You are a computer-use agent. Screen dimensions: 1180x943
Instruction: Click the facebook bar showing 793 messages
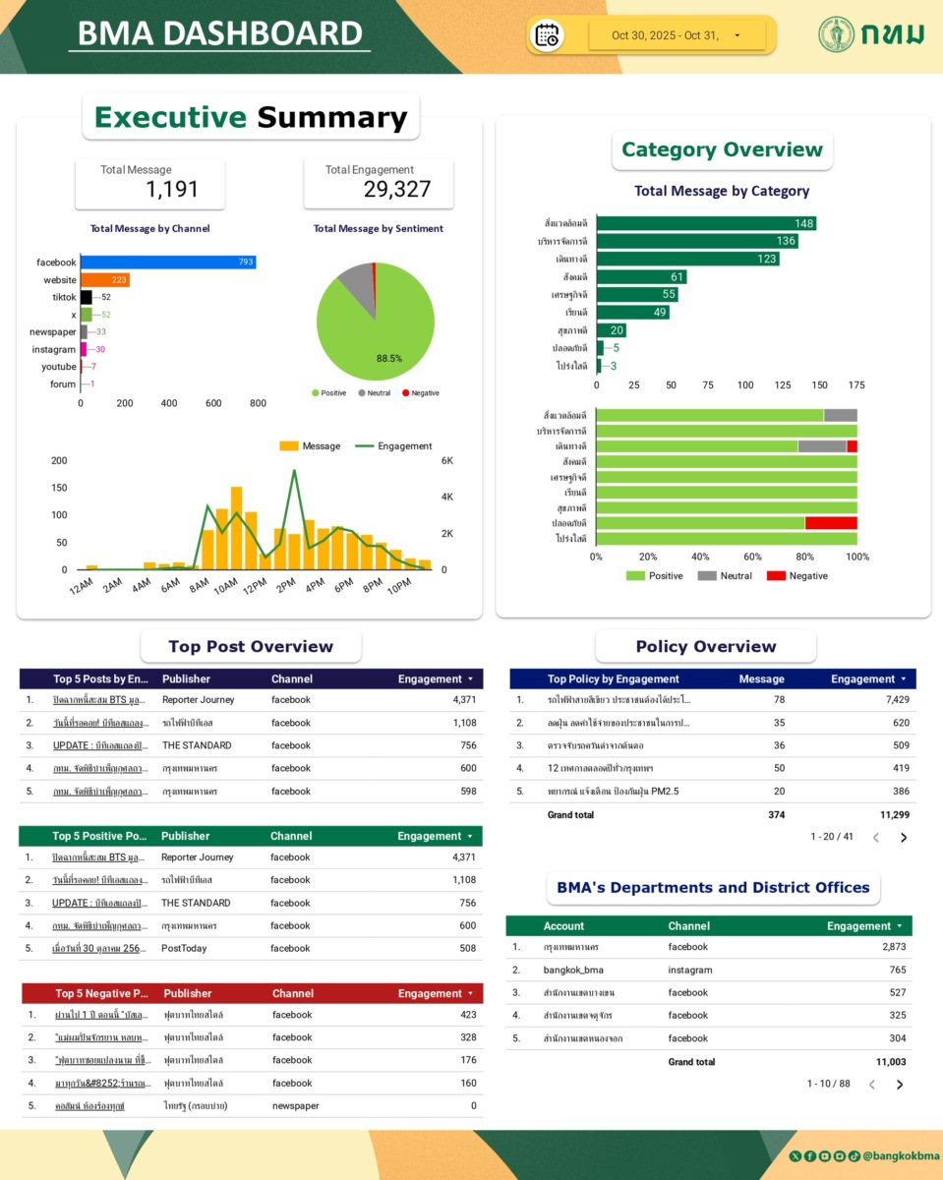pos(167,263)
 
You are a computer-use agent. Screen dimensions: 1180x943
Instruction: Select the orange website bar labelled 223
pos(105,280)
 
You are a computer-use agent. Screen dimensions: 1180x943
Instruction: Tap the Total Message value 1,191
pos(172,189)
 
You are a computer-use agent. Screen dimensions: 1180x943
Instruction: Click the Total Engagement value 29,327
pos(397,190)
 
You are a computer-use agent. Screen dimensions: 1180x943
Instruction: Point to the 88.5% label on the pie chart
pos(389,359)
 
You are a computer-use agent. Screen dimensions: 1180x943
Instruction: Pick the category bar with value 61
pos(641,277)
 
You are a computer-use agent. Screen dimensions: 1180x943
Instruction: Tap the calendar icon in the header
pos(548,35)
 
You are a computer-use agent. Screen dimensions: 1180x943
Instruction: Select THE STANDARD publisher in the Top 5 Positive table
pos(196,903)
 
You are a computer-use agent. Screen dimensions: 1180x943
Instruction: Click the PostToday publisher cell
pos(183,949)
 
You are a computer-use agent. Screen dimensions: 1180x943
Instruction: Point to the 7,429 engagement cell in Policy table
pos(890,700)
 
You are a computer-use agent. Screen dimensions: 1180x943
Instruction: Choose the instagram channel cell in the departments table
pos(689,971)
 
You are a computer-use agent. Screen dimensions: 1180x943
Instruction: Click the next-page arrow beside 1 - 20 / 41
pos(904,838)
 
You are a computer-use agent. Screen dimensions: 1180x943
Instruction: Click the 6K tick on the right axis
pos(446,461)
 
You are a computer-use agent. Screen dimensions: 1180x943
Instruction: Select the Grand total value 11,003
pos(891,1062)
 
